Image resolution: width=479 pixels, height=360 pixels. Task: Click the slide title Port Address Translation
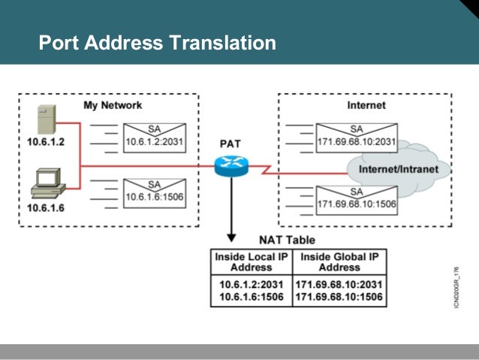[157, 43]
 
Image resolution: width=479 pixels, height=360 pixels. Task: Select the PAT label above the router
[230, 143]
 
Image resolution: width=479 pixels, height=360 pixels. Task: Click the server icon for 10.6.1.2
[47, 120]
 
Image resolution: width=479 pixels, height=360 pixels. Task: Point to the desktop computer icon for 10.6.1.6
[46, 183]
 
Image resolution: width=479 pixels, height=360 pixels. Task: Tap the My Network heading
[112, 105]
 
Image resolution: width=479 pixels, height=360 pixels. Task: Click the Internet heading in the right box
[366, 105]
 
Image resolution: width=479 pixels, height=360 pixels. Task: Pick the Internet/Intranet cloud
[397, 168]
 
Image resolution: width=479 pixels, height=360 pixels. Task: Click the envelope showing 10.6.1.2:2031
[155, 135]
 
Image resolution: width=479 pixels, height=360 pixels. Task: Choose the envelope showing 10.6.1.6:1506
[155, 192]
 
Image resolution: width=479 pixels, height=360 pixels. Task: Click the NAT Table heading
[287, 240]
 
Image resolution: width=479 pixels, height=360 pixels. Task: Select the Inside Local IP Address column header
[252, 262]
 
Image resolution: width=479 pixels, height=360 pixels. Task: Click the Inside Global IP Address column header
[339, 262]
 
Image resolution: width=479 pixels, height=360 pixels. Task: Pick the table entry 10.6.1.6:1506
[252, 298]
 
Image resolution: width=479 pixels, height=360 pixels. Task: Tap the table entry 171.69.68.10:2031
[339, 285]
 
